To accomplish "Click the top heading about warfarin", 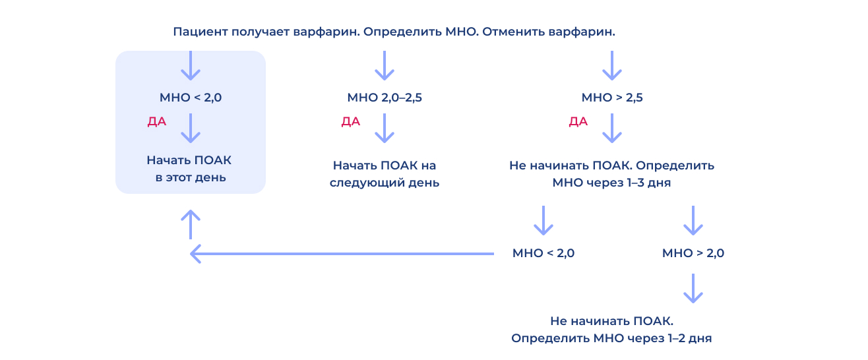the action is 394,32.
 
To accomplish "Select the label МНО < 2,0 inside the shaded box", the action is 191,98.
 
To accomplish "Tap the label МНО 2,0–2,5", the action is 385,98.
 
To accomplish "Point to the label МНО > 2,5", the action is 612,98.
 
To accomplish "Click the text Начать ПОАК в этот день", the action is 190,169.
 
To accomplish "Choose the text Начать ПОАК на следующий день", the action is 385,174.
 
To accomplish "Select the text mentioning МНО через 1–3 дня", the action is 611,174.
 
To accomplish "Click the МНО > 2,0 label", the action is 693,253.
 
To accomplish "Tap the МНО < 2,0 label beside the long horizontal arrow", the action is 543,253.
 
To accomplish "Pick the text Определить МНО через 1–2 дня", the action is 611,338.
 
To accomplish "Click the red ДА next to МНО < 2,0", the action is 157,122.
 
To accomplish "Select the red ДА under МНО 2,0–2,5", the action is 351,122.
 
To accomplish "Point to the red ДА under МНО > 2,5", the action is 578,122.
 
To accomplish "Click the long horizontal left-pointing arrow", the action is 342,254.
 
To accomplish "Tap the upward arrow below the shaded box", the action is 191,224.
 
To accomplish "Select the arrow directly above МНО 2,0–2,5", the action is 385,65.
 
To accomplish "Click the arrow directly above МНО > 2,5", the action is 612,65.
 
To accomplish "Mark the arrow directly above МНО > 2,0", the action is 693,220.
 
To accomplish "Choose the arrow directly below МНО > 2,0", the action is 693,288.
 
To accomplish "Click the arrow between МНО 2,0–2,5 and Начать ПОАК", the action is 385,129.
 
